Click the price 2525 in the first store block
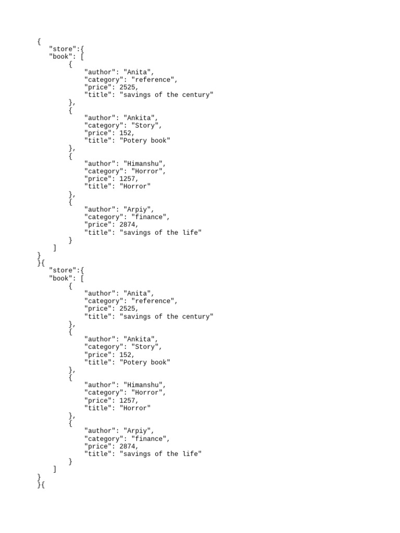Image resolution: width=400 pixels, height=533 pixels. tap(128, 87)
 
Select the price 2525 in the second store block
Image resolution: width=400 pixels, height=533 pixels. tap(128, 309)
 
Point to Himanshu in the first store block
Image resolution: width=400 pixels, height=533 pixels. tap(143, 163)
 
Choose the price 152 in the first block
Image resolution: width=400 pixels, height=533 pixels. tap(126, 133)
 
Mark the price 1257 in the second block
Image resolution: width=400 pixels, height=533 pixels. tap(128, 400)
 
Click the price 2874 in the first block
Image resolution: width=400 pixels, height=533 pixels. tap(128, 225)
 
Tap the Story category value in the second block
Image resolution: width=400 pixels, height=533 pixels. tap(147, 347)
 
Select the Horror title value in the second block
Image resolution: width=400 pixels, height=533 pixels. tap(135, 408)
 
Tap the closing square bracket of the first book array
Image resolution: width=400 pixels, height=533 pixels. tap(55, 248)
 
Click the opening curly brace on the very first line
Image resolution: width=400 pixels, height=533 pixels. tap(39, 41)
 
